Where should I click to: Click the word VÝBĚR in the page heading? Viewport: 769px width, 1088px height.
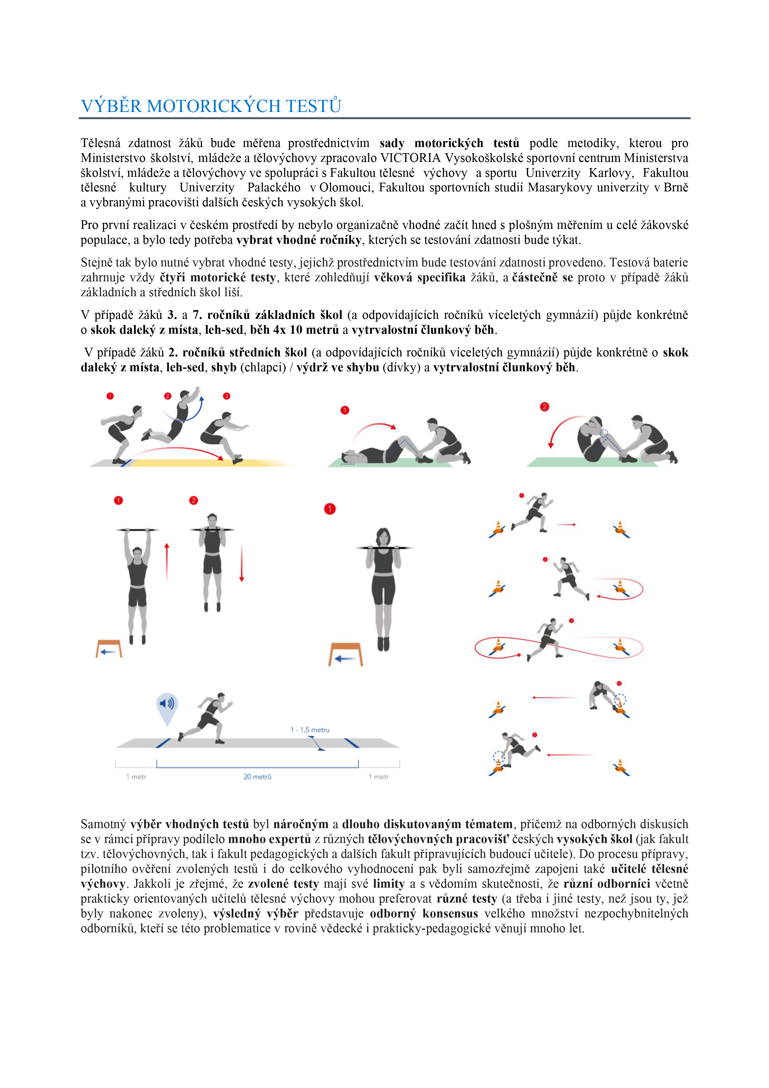[x=111, y=106]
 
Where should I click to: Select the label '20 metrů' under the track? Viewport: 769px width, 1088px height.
[x=257, y=777]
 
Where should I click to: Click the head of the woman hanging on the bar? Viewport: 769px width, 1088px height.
[x=383, y=537]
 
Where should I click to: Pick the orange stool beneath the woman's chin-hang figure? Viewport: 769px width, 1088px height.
[x=346, y=654]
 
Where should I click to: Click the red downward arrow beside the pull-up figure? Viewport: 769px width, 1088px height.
[x=242, y=563]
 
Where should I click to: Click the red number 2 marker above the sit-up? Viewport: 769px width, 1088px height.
[x=545, y=407]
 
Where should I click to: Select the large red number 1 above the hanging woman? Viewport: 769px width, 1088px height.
[x=330, y=509]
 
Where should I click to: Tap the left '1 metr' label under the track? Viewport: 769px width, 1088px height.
[x=136, y=777]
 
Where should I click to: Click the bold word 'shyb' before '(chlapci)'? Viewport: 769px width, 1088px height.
[x=224, y=367]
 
